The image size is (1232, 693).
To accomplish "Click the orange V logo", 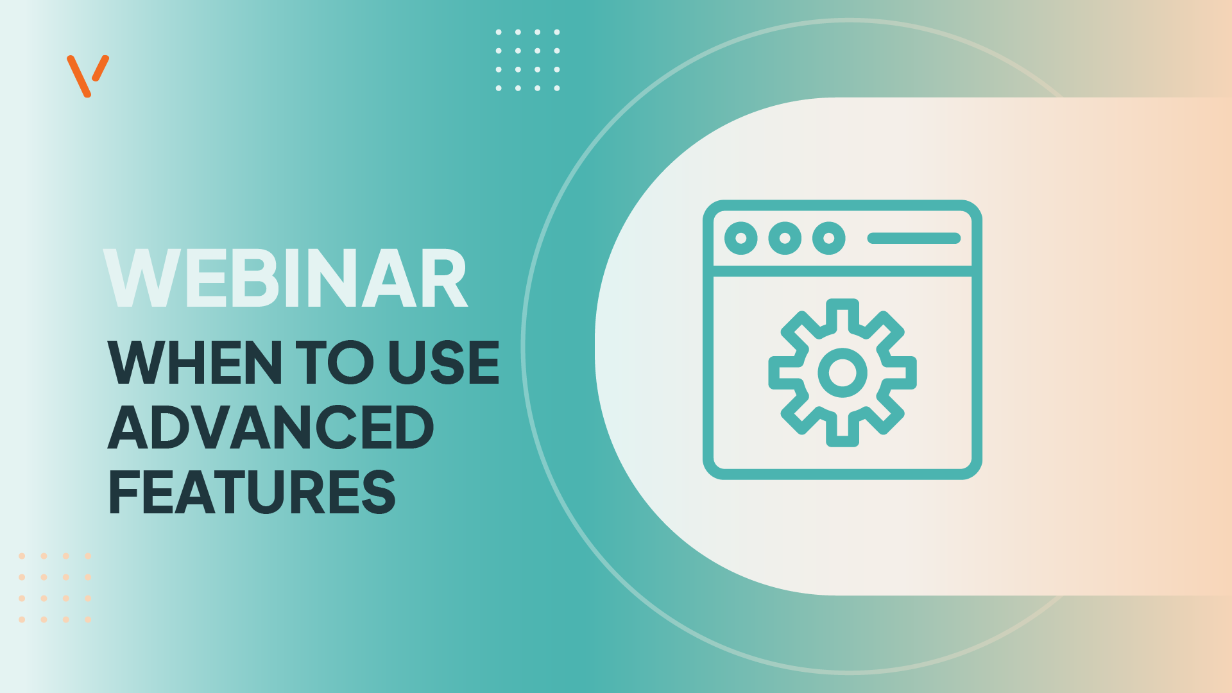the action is coord(87,76).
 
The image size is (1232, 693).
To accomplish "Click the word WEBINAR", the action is coord(286,278).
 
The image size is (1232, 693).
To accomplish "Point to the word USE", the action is coord(444,363).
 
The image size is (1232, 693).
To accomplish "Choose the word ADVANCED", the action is coord(271,427).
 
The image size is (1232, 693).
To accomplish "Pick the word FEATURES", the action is coord(252,492).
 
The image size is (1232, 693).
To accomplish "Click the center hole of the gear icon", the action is coord(843,373).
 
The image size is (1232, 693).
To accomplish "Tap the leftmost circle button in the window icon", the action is coord(741,238).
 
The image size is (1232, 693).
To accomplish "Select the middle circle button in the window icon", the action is coord(785,238).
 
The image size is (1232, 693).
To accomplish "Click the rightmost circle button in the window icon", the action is coord(829,238).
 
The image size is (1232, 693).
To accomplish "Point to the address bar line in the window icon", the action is coord(914,238).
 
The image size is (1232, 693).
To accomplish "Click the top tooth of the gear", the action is coord(843,314).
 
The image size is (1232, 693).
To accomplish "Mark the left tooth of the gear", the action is coord(784,373).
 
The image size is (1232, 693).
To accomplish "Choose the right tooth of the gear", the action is coord(901,373).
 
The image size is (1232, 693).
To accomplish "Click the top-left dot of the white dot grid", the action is coord(499,32).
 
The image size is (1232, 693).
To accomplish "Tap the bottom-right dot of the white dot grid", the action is coord(557,88).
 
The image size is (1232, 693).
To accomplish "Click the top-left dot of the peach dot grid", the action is coord(22,556).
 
